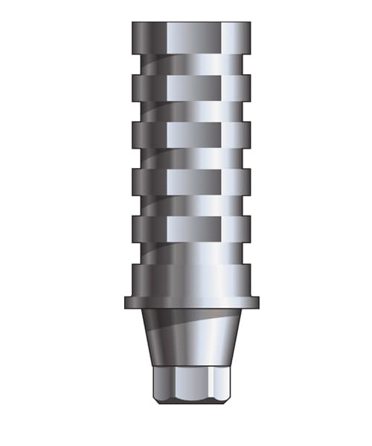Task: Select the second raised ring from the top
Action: (191, 87)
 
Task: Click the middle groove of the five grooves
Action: (191, 158)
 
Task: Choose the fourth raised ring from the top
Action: (191, 181)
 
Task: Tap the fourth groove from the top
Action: (191, 205)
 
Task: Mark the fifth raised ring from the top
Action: (191, 229)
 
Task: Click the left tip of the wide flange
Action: (126, 300)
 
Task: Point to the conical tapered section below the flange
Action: (191, 334)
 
